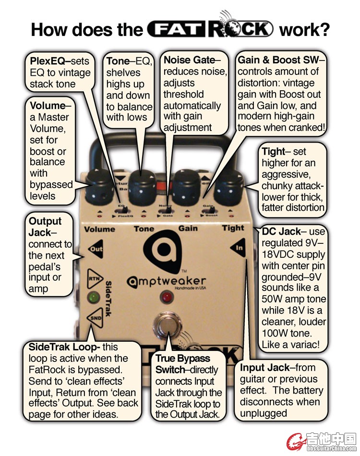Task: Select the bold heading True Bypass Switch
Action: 183,364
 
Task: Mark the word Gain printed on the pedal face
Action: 188,228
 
